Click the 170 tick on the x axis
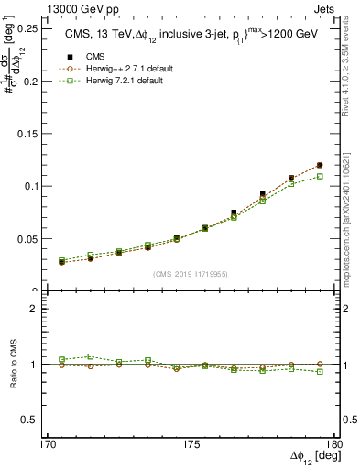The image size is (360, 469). coord(48,446)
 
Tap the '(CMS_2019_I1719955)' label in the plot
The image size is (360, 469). coord(191,274)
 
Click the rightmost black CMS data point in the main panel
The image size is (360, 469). coord(320,165)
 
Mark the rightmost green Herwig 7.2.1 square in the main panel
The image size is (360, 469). coord(320,176)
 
